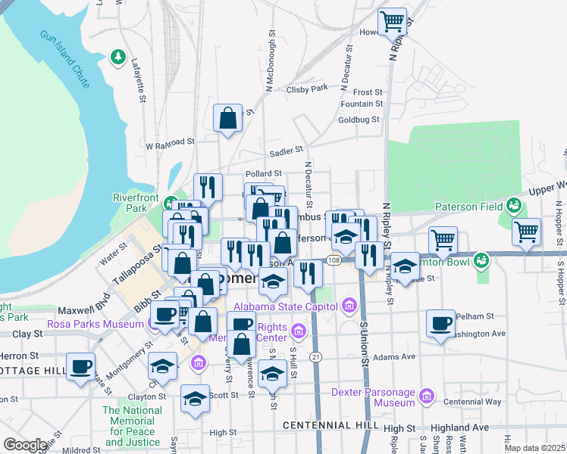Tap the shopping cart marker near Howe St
click(392, 22)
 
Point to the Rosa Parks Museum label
click(96, 324)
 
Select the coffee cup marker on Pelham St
click(440, 324)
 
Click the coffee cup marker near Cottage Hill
click(80, 367)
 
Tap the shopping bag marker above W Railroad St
click(227, 118)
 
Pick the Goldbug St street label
click(359, 120)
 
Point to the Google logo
click(25, 445)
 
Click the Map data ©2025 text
click(534, 448)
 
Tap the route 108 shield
click(335, 260)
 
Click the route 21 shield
click(316, 356)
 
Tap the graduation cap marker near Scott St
click(195, 398)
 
